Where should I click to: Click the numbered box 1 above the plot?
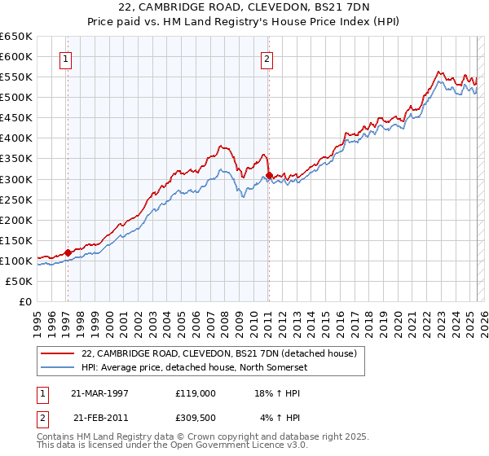coord(64,58)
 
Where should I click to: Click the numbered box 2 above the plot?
coord(267,58)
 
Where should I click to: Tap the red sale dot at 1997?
coord(68,252)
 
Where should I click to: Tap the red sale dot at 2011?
coord(268,174)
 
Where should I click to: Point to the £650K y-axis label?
coord(15,37)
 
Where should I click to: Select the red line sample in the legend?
coord(57,353)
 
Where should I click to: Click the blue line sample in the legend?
coord(57,366)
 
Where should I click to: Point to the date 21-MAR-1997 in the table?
coord(100,392)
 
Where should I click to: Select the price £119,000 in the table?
coord(195,392)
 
